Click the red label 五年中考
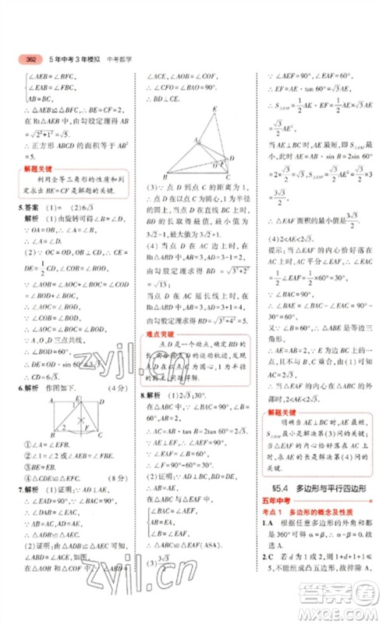(x=274, y=507)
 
